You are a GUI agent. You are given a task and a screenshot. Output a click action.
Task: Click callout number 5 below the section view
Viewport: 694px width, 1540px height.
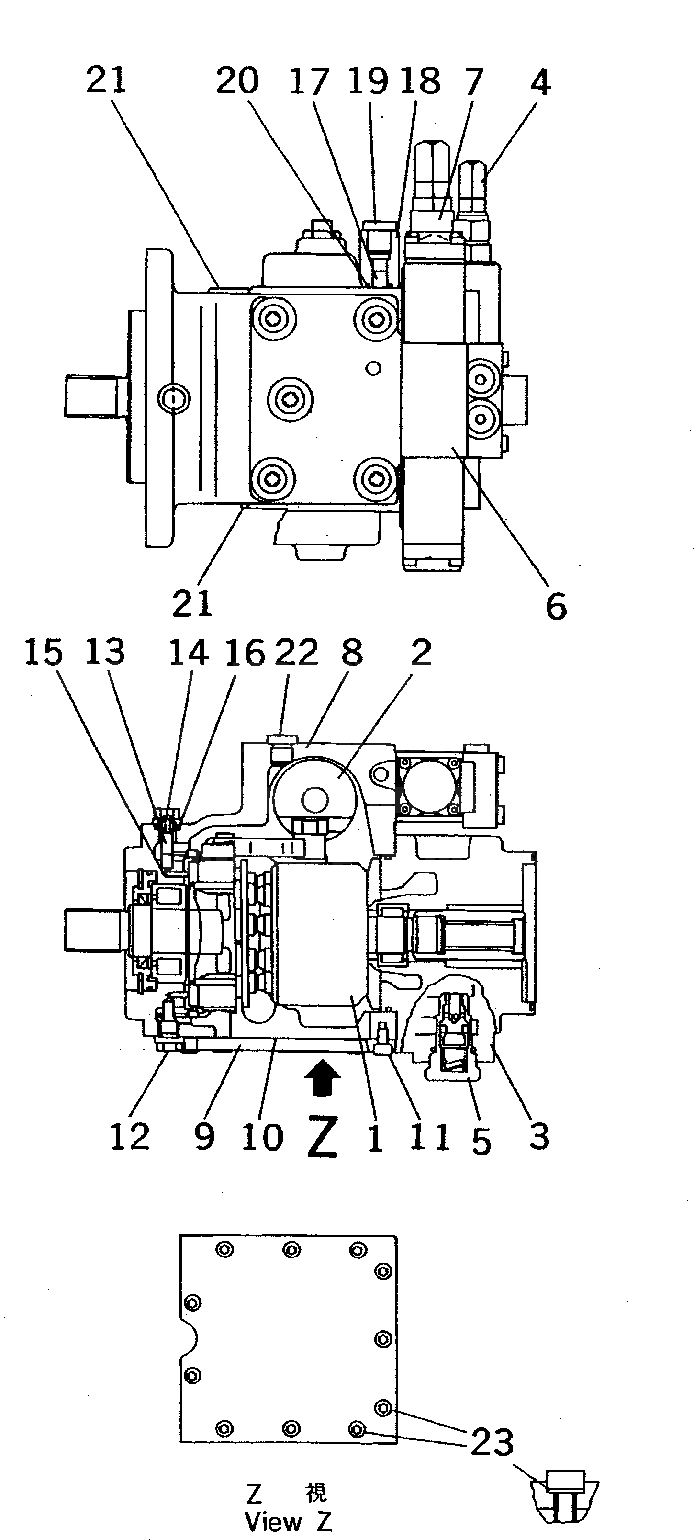pyautogui.click(x=481, y=1140)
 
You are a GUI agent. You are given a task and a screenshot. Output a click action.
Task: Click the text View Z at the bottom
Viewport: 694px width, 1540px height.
pyautogui.click(x=288, y=1521)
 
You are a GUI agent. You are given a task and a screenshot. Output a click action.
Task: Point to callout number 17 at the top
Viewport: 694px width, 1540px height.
pyautogui.click(x=309, y=82)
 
